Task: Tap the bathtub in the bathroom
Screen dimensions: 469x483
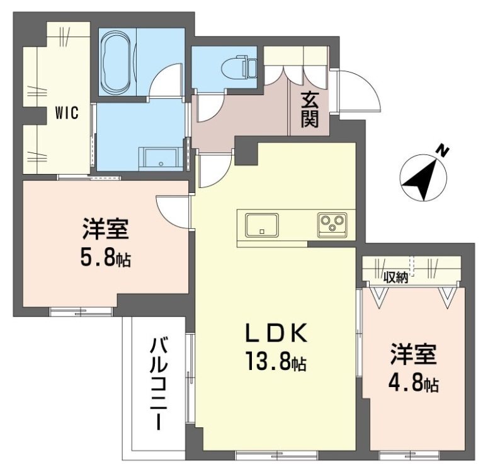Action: [x=115, y=62]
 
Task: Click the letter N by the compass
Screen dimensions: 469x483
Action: [x=443, y=150]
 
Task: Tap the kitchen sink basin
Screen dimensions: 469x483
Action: [x=262, y=224]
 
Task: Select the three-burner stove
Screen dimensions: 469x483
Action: [x=331, y=223]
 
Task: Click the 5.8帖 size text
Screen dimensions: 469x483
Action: [x=105, y=258]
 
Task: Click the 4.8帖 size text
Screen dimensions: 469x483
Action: [x=413, y=383]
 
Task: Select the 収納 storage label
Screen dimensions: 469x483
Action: [x=396, y=277]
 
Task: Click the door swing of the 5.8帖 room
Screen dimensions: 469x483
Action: [x=173, y=212]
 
